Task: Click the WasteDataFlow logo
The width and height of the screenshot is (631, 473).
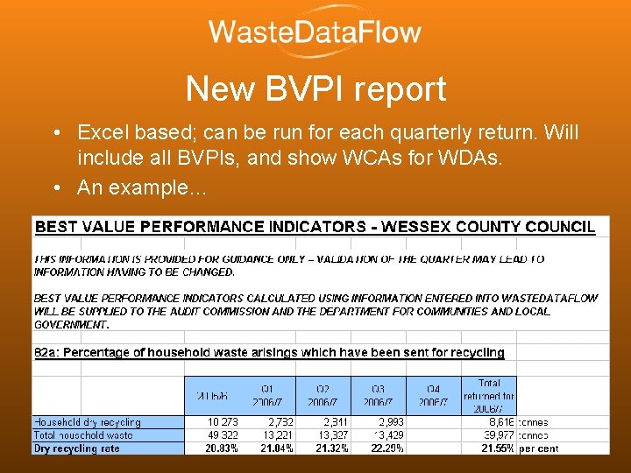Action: tap(315, 33)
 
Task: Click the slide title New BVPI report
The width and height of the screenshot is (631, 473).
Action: tap(315, 88)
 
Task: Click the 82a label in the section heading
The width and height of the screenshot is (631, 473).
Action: tap(44, 352)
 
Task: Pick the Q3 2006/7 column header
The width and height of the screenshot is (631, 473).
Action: tap(379, 396)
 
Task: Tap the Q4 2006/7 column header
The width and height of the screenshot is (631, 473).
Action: tap(434, 396)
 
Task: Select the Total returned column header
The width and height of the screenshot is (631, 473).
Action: tap(489, 395)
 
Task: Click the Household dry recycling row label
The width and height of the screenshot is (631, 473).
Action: tap(87, 422)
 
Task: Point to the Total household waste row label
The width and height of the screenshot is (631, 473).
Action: tap(83, 435)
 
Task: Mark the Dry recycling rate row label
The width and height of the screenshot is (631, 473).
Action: tap(77, 448)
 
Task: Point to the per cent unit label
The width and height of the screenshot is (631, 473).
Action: tap(537, 448)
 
